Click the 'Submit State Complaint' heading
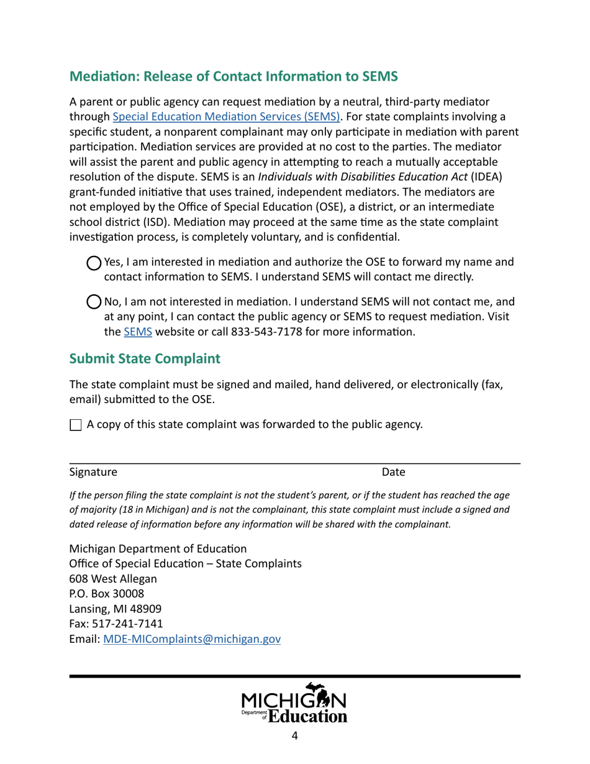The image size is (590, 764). (x=144, y=359)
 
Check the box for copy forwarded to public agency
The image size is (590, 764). (x=75, y=425)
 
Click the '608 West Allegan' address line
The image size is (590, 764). (x=112, y=578)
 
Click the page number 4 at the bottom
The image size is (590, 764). (x=294, y=736)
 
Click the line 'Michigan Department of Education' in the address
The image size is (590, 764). (x=158, y=548)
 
